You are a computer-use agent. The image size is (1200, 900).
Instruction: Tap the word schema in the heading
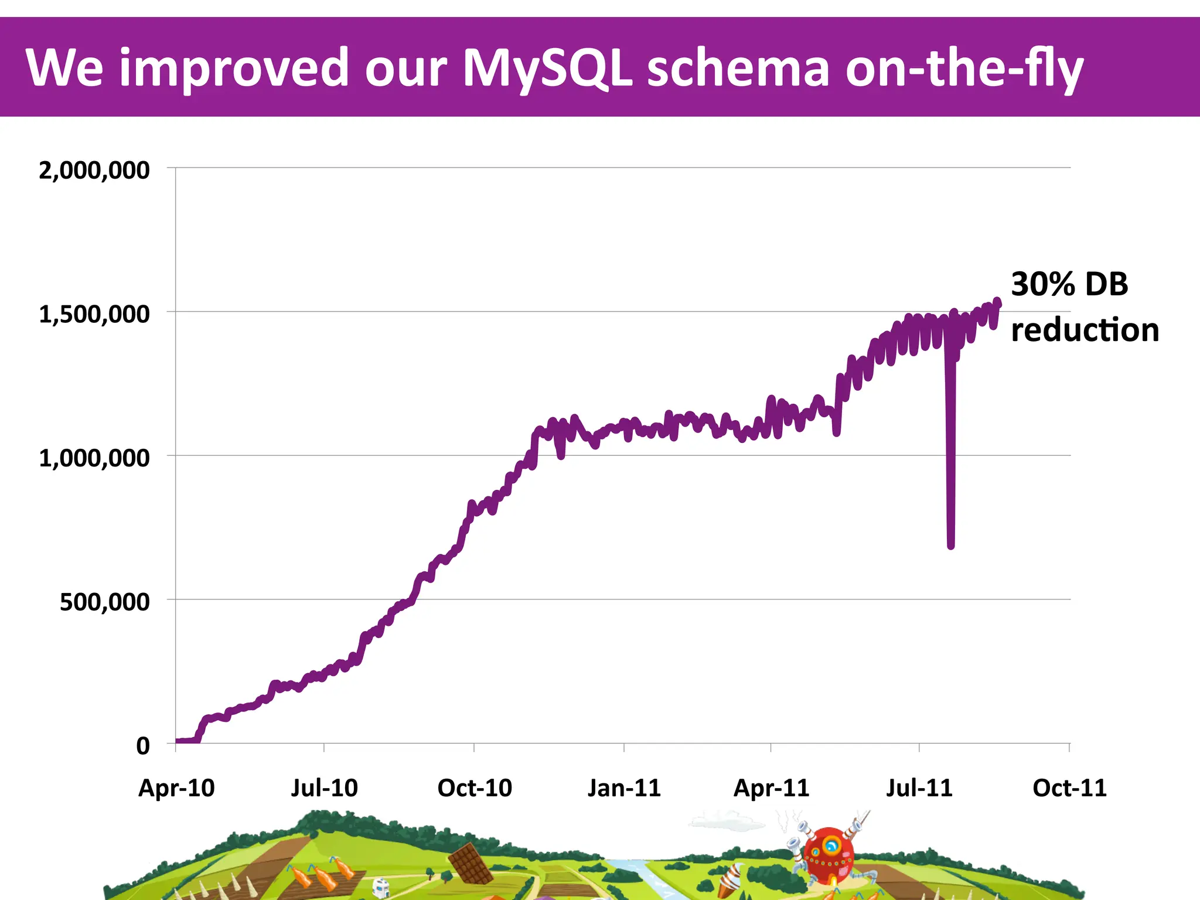coord(738,68)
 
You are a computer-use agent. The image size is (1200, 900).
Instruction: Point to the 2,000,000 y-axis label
coord(94,171)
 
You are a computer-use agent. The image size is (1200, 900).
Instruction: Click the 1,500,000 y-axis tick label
coord(94,315)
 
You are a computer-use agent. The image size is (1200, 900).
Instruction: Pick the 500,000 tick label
coord(104,602)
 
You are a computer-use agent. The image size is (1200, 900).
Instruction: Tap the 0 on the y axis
coord(143,746)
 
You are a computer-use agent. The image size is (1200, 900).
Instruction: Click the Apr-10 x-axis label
coord(176,788)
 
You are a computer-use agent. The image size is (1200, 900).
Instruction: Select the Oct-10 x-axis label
coord(475,788)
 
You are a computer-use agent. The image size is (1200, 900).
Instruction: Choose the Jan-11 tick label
coord(624,788)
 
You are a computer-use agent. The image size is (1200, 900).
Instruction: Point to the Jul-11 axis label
coord(919,788)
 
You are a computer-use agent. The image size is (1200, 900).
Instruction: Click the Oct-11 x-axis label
coord(1069,788)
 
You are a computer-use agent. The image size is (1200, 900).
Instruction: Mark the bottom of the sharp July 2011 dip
coord(950,546)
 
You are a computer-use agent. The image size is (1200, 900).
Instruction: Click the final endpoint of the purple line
coord(998,302)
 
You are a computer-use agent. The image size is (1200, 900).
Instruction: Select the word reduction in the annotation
coord(1085,330)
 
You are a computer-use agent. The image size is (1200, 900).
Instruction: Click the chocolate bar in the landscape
coord(470,863)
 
